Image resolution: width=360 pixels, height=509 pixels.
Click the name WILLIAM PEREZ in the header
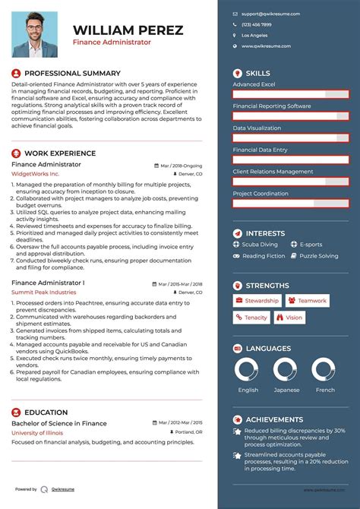point(128,30)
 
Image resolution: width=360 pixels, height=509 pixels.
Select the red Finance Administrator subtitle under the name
point(112,43)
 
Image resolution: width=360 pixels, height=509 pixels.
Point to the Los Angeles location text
point(254,35)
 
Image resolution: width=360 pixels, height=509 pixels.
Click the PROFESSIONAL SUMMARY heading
point(72,73)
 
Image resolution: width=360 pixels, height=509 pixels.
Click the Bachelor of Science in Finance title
point(59,423)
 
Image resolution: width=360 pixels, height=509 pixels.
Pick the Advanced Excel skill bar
point(291,94)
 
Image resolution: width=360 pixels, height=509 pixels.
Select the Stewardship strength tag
point(257,301)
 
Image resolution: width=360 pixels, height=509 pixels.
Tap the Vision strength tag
point(289,318)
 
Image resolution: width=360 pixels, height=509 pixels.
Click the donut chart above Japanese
point(286,371)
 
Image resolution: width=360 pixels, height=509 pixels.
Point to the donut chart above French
point(325,371)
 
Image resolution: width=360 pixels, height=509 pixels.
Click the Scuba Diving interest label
point(260,245)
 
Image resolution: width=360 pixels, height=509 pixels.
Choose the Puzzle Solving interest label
point(318,256)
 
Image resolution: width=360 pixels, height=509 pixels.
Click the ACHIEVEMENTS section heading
point(274,419)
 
